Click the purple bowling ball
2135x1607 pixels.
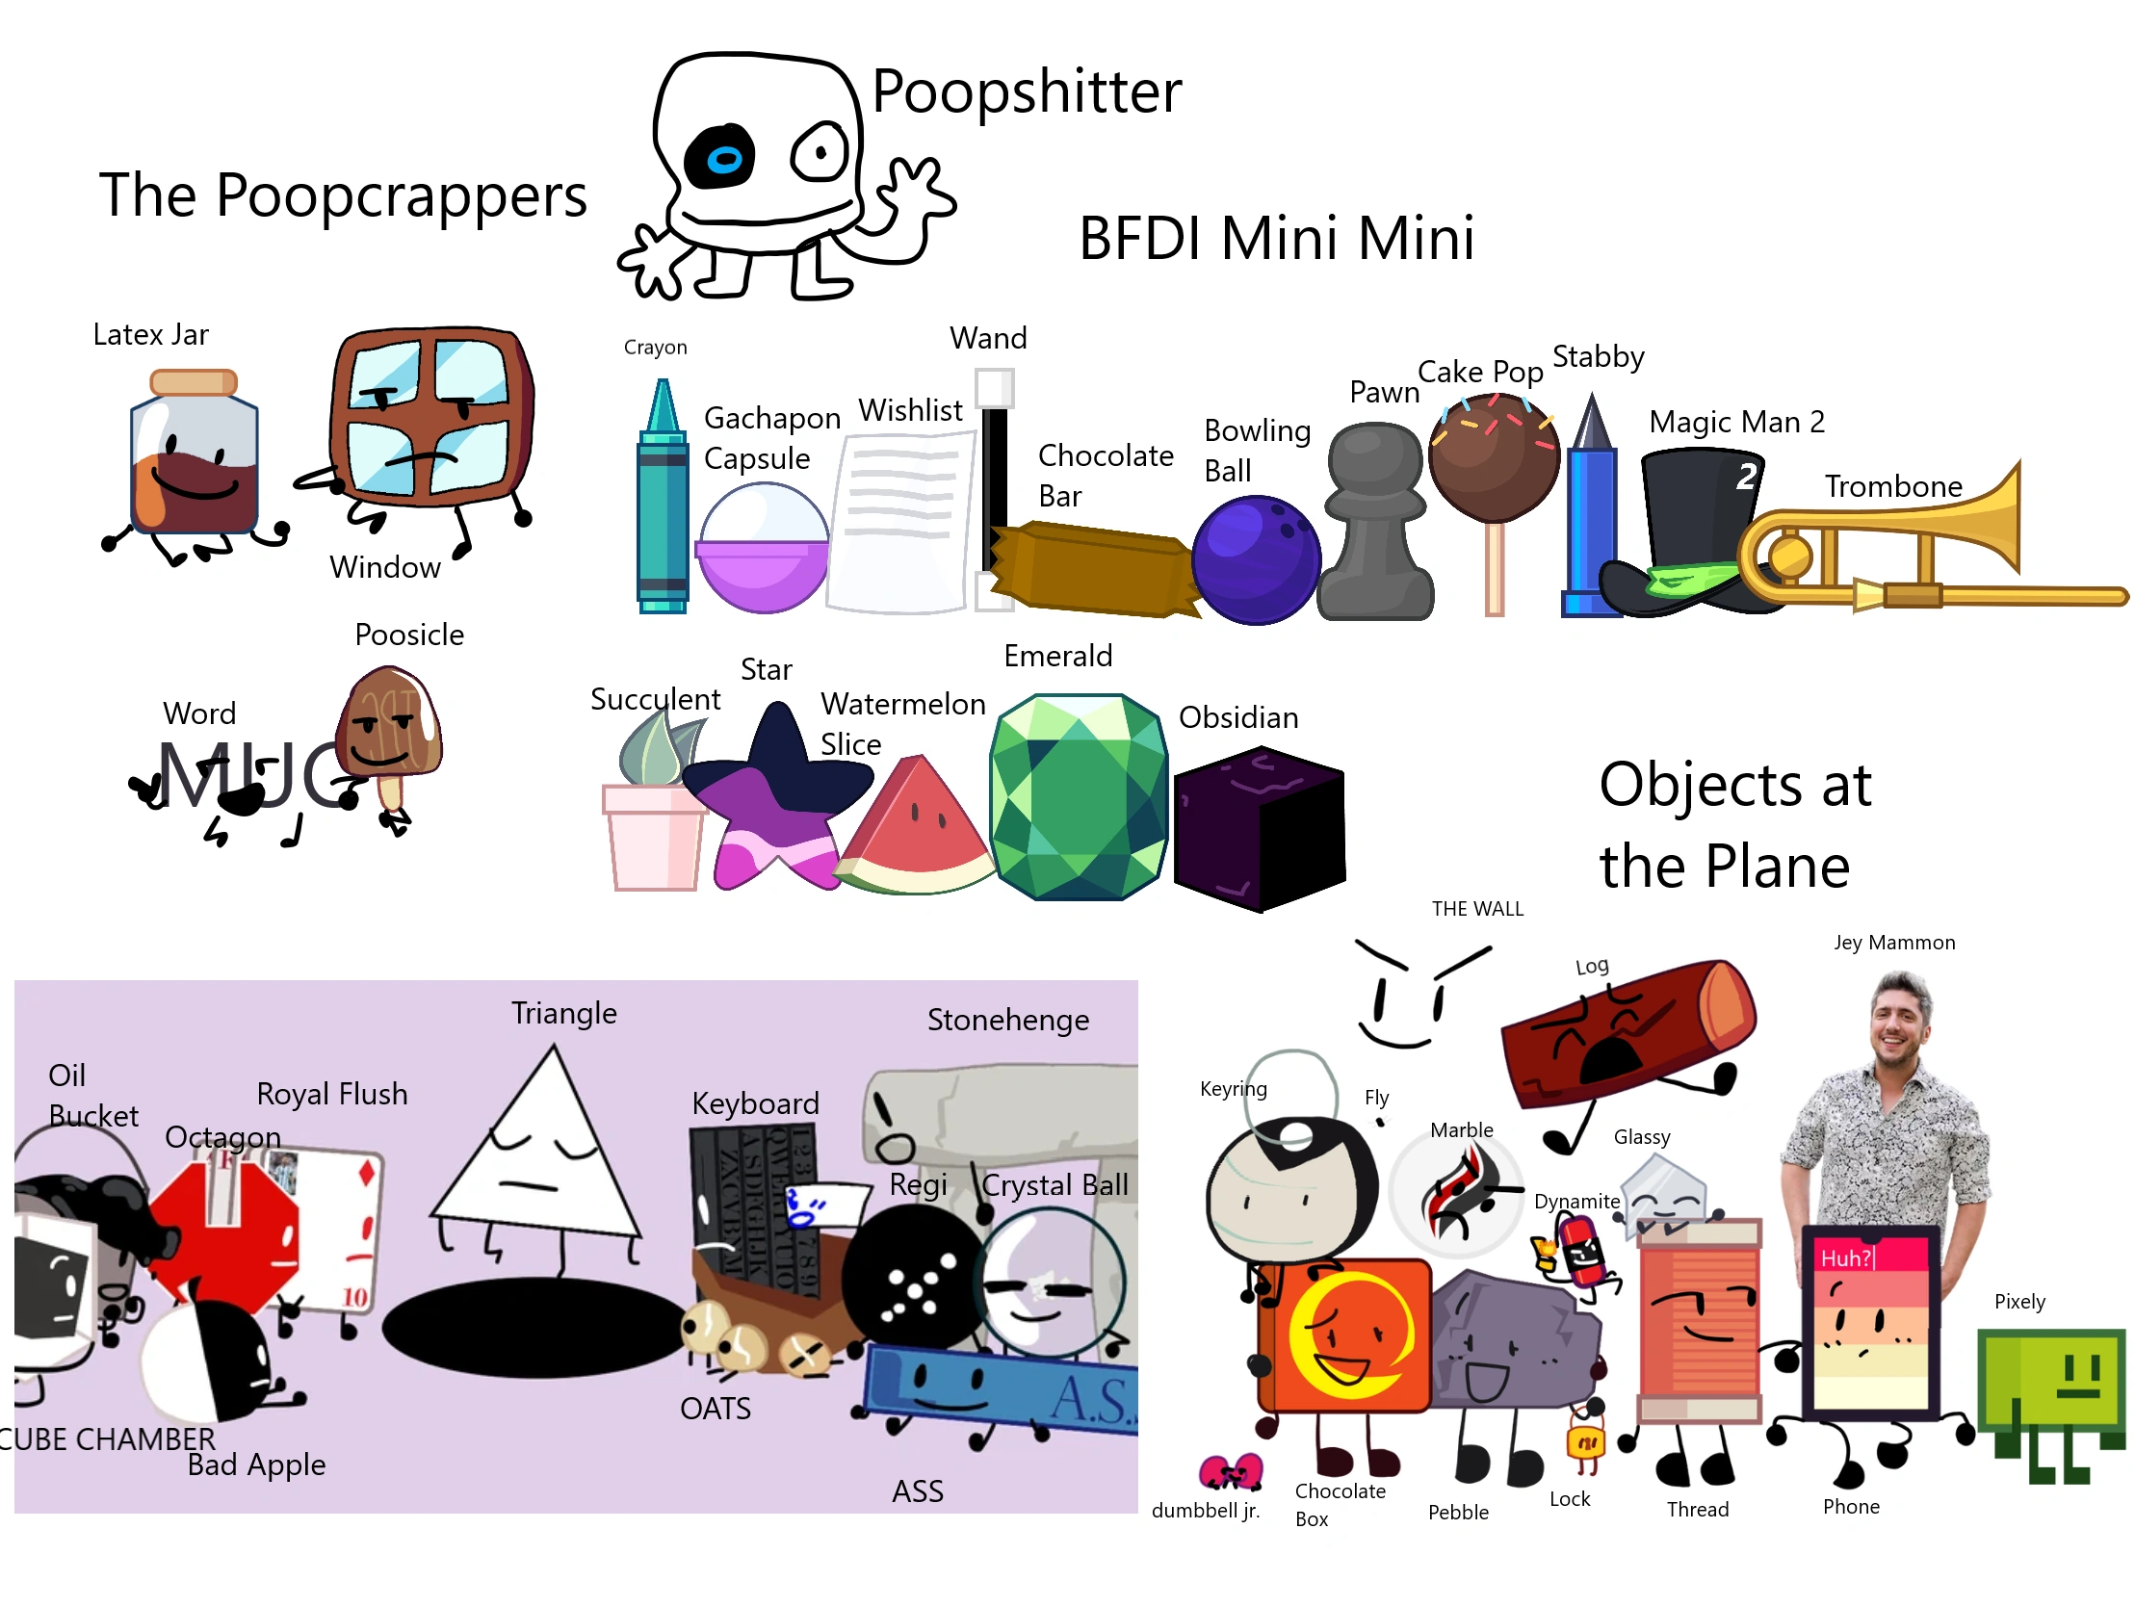click(1255, 559)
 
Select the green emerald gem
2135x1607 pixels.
click(1079, 797)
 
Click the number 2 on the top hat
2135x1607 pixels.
click(1746, 476)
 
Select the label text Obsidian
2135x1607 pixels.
click(1237, 717)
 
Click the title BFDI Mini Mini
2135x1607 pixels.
click(1276, 239)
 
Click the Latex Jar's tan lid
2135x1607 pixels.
click(193, 383)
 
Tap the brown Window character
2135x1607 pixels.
click(430, 415)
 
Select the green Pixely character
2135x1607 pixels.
click(2051, 1380)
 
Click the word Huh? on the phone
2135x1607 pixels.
click(1845, 1258)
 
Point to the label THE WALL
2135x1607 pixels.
click(1476, 908)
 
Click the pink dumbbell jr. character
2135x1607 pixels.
click(1230, 1472)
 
